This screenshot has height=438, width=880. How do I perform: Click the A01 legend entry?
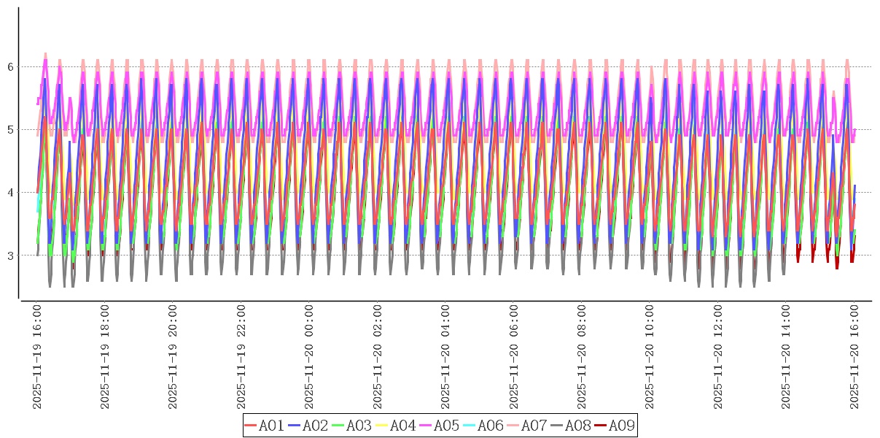click(x=264, y=426)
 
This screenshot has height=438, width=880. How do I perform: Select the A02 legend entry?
click(x=308, y=426)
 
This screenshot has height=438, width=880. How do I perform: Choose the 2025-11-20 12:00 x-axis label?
click(x=719, y=357)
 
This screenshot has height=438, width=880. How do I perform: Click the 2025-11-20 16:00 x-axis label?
click(x=855, y=357)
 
